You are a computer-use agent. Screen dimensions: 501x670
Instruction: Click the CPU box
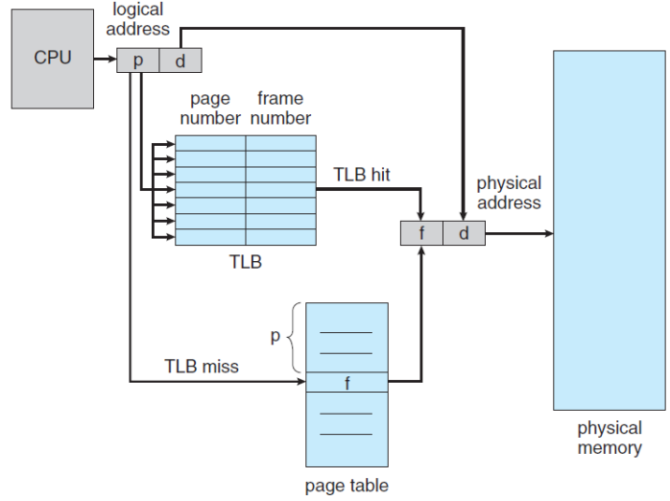(x=53, y=59)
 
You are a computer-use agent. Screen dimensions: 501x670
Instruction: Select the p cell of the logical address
(x=137, y=61)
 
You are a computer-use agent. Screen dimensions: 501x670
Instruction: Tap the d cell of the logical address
(x=179, y=61)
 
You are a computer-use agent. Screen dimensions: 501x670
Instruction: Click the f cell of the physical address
(x=421, y=233)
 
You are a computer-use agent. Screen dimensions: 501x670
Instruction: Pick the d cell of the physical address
(x=464, y=233)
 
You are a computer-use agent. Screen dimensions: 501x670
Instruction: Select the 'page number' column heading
(x=209, y=108)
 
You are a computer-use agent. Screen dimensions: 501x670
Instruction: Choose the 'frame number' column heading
(x=280, y=108)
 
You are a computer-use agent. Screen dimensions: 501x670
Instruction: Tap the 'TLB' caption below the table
(x=245, y=261)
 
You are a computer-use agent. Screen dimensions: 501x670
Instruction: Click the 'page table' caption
(x=347, y=486)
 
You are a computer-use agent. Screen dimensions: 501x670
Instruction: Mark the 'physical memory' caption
(x=610, y=438)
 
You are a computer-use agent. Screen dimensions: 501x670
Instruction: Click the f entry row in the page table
(x=347, y=382)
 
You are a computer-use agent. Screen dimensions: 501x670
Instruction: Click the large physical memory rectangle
(x=610, y=230)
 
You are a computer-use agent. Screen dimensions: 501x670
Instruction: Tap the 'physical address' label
(x=509, y=192)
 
